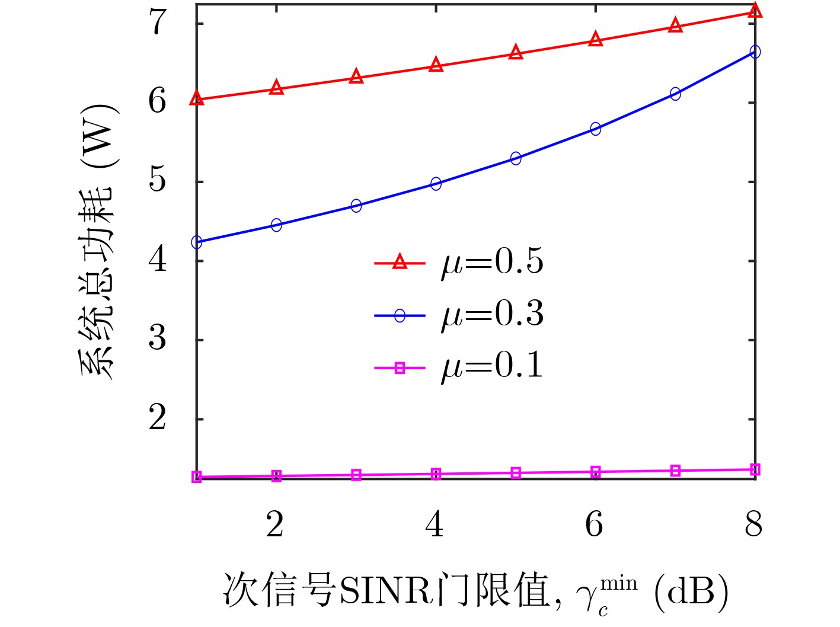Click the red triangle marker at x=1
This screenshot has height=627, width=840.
197,99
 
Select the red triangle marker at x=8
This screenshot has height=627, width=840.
755,11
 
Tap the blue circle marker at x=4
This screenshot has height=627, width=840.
436,184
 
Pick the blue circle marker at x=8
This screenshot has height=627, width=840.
755,52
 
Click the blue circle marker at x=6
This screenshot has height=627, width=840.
595,129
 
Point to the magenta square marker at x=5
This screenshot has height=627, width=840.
516,473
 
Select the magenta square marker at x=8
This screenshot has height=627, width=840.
755,469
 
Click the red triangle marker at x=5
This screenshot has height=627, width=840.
516,53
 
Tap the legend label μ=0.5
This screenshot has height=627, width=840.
492,262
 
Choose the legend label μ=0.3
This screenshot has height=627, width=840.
492,315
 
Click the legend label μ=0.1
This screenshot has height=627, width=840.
492,367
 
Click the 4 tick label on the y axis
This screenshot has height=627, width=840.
158,260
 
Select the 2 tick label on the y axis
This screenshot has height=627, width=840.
158,418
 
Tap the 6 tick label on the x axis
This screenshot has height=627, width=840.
595,524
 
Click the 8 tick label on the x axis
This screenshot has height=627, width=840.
753,524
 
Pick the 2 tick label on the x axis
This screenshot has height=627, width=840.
275,524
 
